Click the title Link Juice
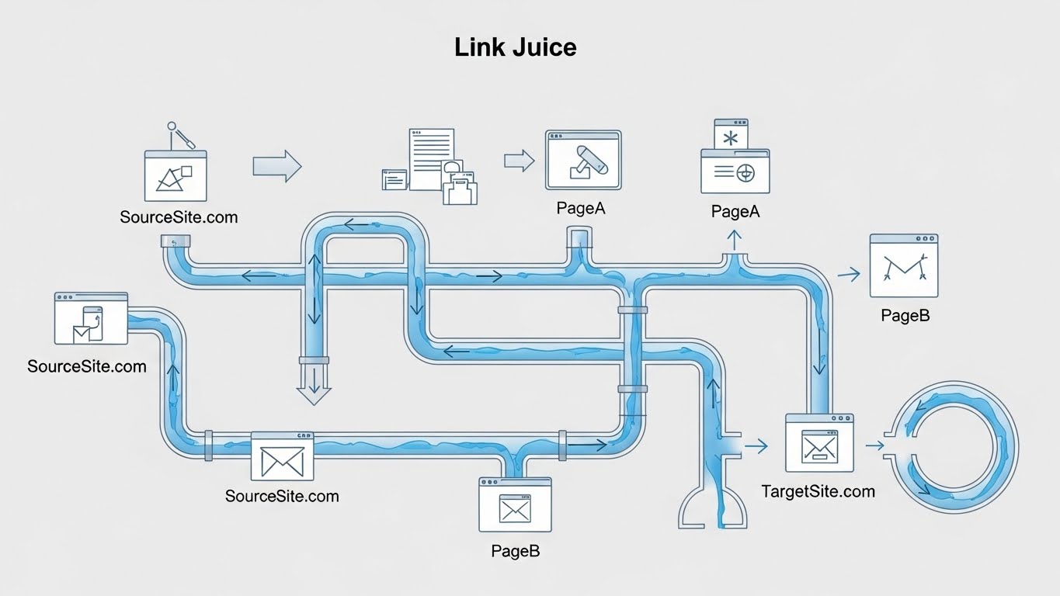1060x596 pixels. pos(516,47)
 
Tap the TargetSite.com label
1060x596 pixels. pos(818,491)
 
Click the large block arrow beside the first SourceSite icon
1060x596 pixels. pos(276,166)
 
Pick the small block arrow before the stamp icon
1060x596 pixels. pos(519,161)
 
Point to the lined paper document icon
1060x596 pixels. pos(432,158)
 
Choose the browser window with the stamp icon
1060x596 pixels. pos(583,160)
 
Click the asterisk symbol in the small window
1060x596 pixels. pos(731,138)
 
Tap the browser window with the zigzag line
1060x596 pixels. pos(903,265)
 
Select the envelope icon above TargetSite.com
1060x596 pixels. pos(818,443)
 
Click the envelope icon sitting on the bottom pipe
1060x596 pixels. pos(282,457)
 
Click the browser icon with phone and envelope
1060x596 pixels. pos(91,319)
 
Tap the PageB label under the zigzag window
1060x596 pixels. pos(905,316)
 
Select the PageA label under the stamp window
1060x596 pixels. pos(580,208)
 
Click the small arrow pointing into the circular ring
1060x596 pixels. pos(874,445)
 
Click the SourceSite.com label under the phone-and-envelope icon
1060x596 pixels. pos(86,366)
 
